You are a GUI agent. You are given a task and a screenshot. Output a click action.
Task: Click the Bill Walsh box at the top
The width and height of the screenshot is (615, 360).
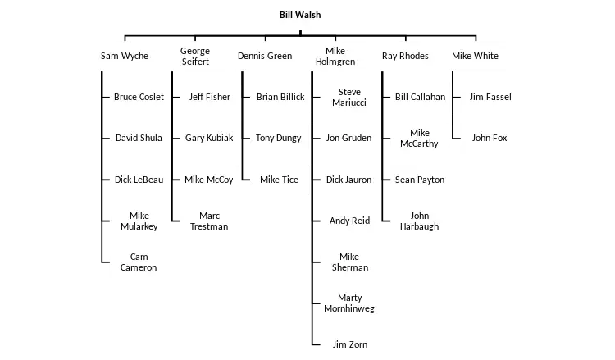coord(301,16)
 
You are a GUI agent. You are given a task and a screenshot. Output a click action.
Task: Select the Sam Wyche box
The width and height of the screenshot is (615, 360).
coord(124,56)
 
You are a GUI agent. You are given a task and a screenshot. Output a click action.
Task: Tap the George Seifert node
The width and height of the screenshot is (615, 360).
coord(195,56)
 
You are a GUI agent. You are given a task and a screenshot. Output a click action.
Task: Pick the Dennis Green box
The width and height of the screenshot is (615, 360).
coord(264,56)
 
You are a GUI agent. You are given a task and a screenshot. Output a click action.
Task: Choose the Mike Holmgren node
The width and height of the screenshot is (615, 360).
coord(335,56)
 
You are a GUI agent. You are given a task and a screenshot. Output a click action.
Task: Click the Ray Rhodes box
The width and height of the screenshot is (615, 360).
coord(406,56)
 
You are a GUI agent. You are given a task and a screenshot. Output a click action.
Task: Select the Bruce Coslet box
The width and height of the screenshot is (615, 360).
coord(139,97)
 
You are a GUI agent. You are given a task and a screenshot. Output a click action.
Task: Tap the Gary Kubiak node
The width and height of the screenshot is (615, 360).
coord(209,138)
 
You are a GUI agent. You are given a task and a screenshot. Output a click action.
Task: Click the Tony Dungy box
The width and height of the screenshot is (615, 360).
coord(279,138)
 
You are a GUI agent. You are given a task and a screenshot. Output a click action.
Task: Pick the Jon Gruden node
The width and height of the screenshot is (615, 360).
coord(348,138)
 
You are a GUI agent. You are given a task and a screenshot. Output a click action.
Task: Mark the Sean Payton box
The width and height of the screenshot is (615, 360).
coord(420,180)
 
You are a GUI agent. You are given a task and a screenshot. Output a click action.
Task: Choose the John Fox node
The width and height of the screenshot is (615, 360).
coord(490,138)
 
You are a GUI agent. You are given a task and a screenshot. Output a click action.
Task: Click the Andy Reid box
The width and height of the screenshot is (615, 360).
coord(348,221)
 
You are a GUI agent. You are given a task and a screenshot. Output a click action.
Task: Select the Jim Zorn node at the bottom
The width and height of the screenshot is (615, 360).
coord(348,344)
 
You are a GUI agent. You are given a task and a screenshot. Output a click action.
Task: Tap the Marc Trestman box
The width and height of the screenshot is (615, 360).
coord(209,221)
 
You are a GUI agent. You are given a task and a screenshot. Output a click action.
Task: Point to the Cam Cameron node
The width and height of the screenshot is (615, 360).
coord(139,262)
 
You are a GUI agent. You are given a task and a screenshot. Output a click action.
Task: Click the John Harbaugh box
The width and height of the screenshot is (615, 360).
coord(420,221)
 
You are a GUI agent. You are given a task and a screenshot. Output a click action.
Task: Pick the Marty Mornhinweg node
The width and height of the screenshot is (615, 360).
coord(348,303)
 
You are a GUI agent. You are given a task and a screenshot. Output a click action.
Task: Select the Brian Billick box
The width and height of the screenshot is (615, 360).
coord(280,97)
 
